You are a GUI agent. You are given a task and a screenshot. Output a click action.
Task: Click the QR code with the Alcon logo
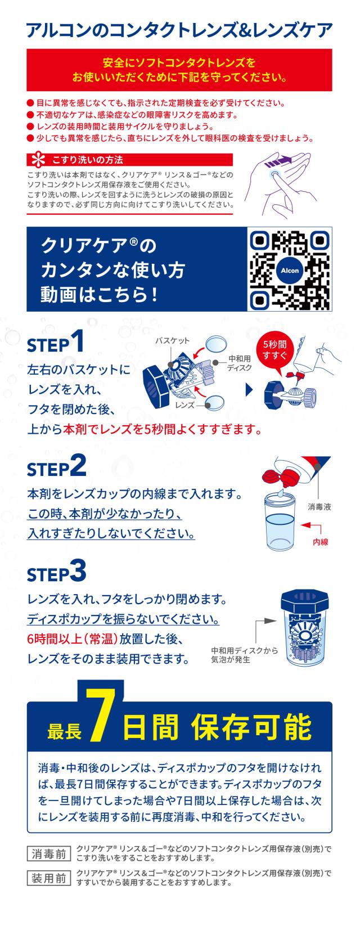[x=290, y=269]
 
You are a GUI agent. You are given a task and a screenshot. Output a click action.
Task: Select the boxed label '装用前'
[x=49, y=878]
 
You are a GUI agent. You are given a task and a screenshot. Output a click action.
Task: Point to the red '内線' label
[x=320, y=542]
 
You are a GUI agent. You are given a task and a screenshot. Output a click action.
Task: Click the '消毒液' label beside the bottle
[x=319, y=507]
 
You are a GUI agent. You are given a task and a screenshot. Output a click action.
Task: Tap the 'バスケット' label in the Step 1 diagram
[x=173, y=340]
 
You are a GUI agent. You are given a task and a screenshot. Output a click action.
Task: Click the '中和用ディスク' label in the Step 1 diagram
[x=240, y=363]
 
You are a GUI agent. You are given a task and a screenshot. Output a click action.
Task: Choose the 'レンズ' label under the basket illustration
[x=185, y=405]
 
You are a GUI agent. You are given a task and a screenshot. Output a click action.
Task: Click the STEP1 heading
[x=55, y=341]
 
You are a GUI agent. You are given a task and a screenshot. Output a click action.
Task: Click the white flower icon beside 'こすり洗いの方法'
[x=38, y=160]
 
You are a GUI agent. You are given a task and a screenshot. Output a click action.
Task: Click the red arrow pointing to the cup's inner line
[x=311, y=527]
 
